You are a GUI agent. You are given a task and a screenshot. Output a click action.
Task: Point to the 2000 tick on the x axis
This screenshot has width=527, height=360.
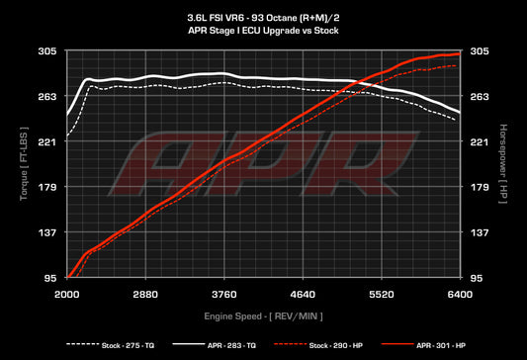(67, 295)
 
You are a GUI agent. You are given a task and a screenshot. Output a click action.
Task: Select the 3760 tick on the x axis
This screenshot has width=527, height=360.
(224, 295)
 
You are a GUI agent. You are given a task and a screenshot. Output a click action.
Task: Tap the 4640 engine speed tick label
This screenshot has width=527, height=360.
(303, 295)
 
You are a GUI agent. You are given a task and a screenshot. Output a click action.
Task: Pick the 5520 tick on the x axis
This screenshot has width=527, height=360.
(381, 295)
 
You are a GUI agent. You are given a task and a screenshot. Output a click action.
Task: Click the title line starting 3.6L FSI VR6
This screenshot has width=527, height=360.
(263, 18)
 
